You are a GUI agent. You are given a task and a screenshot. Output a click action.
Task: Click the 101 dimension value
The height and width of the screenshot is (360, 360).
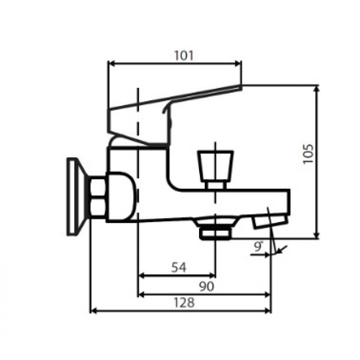click(x=184, y=56)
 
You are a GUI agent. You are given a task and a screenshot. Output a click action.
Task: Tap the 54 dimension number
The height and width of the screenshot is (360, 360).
click(x=179, y=267)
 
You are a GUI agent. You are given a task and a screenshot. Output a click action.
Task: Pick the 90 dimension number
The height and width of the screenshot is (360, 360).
click(x=207, y=286)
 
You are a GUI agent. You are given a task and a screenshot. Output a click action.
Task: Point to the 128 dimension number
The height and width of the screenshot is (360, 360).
click(x=184, y=302)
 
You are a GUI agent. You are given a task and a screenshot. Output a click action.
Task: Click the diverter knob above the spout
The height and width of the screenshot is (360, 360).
click(x=215, y=166)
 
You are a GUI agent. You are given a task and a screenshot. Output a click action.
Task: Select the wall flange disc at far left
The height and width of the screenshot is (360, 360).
click(x=75, y=197)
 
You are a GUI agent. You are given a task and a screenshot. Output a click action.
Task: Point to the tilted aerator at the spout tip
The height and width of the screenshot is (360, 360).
click(x=270, y=222)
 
